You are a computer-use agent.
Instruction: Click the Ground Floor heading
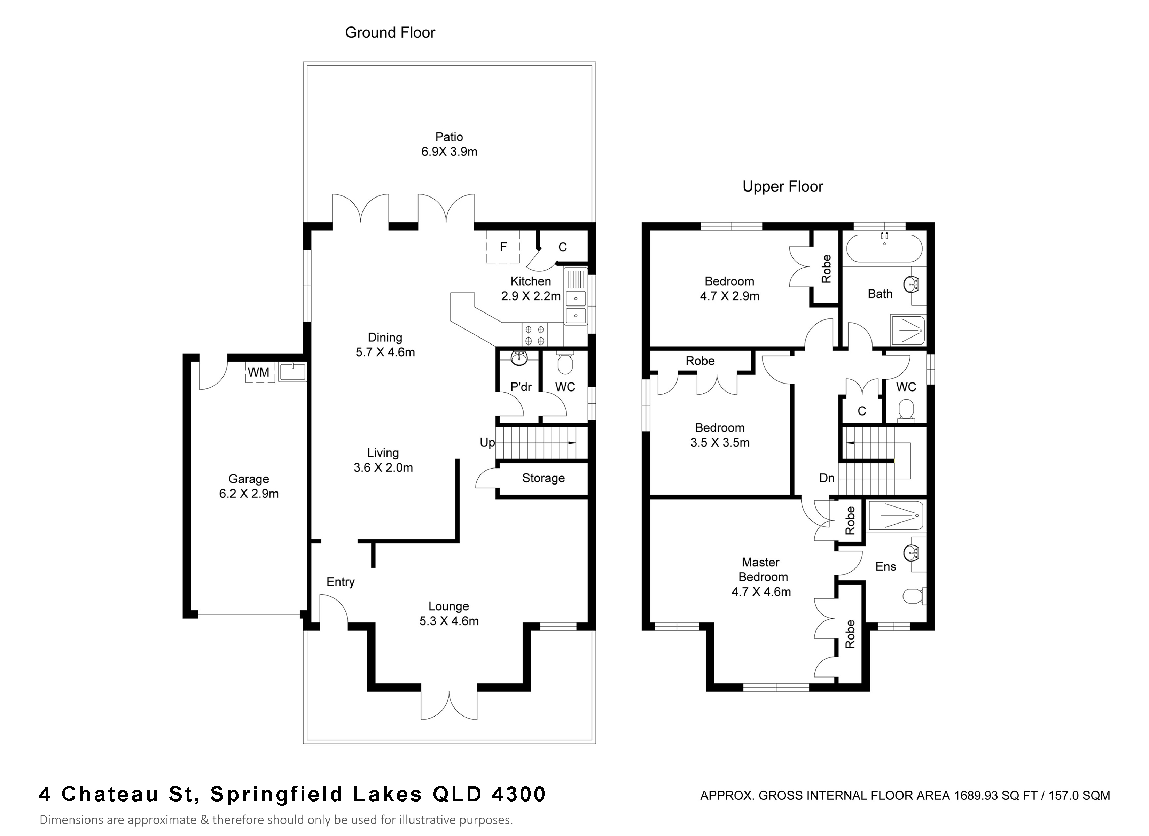point(390,32)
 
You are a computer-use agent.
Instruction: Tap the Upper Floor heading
point(783,187)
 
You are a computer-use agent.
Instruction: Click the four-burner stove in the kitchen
point(535,335)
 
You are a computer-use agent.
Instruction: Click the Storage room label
point(543,478)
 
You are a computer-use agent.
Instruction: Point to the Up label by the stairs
point(487,443)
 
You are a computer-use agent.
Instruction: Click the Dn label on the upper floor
point(827,478)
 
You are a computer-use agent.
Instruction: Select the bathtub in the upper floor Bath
point(884,248)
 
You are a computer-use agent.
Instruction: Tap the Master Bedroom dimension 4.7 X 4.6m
point(761,591)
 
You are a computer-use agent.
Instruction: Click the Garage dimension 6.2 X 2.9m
point(249,494)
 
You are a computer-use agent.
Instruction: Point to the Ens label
point(885,567)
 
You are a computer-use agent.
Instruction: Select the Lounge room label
point(448,606)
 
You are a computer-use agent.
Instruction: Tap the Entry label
point(341,582)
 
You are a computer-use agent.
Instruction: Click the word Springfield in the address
point(276,794)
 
